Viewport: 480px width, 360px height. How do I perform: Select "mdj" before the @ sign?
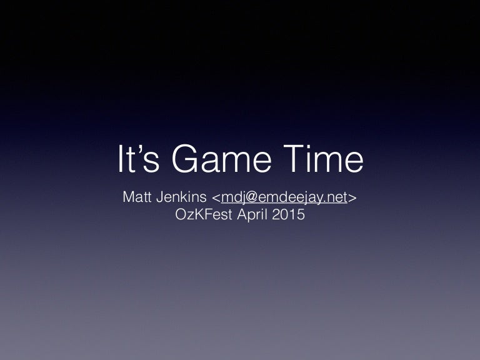[x=233, y=198]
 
